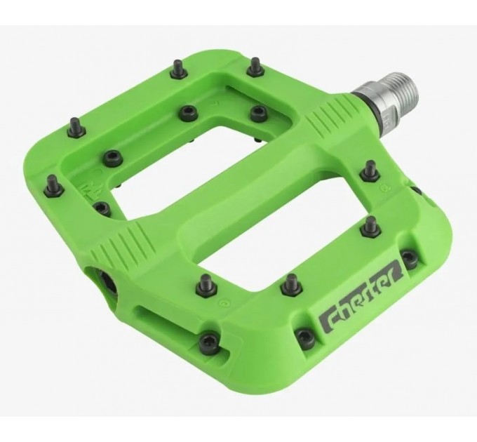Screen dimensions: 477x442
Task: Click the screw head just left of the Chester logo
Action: point(305,337)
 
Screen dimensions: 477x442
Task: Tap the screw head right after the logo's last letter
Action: point(410,258)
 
